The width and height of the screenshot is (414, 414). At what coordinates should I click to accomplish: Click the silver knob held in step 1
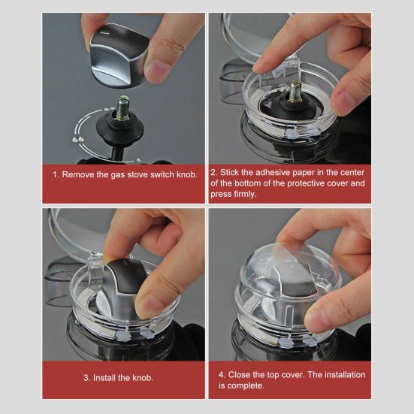(119, 56)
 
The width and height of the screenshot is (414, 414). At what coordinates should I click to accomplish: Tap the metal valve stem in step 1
(122, 108)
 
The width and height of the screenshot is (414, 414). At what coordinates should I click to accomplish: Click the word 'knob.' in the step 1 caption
(187, 174)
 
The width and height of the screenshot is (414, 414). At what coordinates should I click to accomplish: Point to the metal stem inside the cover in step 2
(296, 92)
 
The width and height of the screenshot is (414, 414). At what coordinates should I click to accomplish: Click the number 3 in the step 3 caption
(86, 378)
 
